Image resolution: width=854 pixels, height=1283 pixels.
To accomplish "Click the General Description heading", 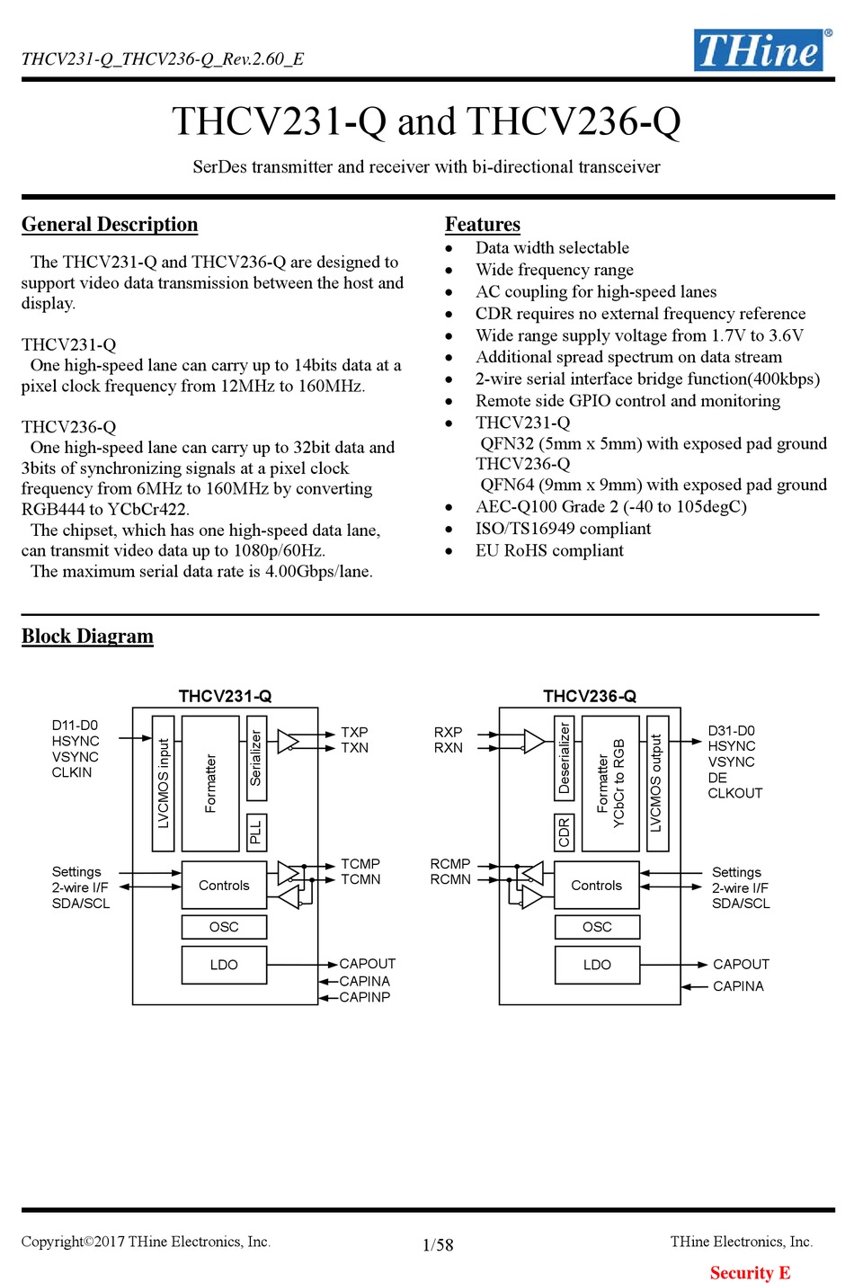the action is coord(110,224).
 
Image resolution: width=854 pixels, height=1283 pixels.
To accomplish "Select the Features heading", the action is coord(482,224).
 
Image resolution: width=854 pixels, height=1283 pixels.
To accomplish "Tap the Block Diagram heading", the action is coord(87,636).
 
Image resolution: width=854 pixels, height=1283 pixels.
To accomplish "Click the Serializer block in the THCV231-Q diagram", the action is coord(256,758).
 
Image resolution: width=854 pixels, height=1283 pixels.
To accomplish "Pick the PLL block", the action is coord(256,833).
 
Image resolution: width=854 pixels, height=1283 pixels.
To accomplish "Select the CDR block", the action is coord(565,833).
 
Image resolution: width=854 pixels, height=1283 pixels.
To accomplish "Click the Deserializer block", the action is coord(565,758).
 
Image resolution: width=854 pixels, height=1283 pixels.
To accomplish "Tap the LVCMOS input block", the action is coord(164,783).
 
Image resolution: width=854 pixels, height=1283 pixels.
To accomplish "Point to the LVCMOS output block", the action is coord(657,783).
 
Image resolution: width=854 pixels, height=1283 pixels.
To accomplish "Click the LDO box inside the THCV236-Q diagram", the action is coord(597,965).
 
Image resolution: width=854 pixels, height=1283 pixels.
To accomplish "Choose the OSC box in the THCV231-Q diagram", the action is coord(224,927).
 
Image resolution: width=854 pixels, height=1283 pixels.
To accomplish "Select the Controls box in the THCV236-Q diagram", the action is coord(596,885).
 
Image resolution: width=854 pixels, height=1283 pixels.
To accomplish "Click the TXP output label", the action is coord(354,732).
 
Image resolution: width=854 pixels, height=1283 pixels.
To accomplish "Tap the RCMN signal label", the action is coord(450,879).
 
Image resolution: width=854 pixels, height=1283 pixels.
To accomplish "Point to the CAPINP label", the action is coord(365,997).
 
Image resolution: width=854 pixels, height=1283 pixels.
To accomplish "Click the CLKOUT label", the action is coord(734,793).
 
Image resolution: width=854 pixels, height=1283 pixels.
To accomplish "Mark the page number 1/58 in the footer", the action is coord(438,1244).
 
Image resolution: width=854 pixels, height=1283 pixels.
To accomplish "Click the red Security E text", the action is coord(751,1273).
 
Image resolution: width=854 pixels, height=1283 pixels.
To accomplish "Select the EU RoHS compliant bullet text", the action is coord(549,550).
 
